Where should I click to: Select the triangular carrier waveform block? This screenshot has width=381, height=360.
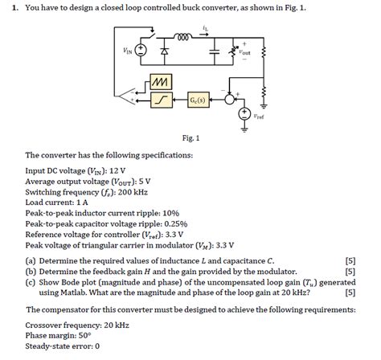(x=160, y=83)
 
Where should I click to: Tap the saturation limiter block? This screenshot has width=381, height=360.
(x=160, y=100)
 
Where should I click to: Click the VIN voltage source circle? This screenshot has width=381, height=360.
(x=141, y=50)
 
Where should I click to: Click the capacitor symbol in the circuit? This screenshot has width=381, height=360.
(x=215, y=51)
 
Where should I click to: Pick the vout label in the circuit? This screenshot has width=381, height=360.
(x=245, y=51)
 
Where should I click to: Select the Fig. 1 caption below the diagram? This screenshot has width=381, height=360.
(x=190, y=137)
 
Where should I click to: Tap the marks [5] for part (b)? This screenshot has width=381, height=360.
(x=350, y=272)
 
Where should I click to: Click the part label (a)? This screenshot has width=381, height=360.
(x=31, y=261)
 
